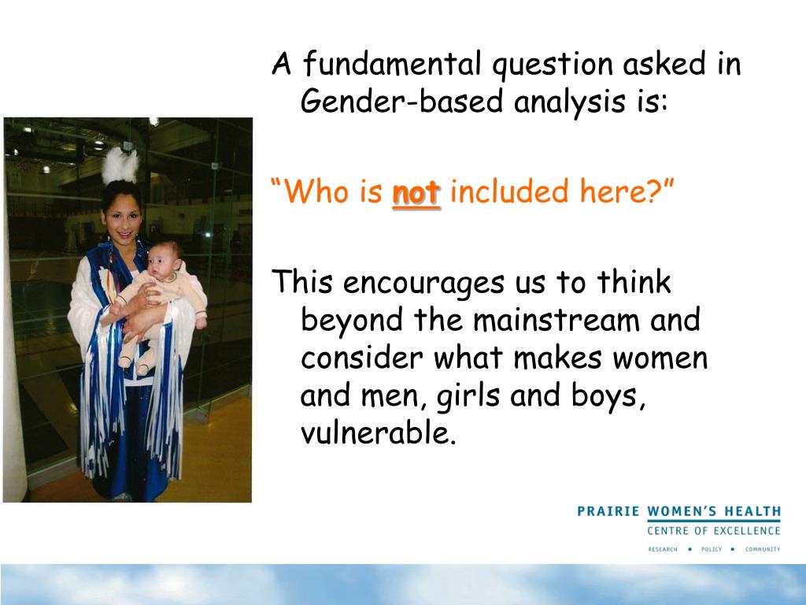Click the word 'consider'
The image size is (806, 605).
click(x=363, y=358)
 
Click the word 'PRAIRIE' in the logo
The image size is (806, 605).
click(x=608, y=511)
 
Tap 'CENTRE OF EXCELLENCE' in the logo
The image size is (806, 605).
click(x=714, y=531)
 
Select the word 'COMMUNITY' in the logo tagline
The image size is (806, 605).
click(x=762, y=549)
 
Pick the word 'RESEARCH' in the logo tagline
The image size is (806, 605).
click(x=663, y=549)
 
